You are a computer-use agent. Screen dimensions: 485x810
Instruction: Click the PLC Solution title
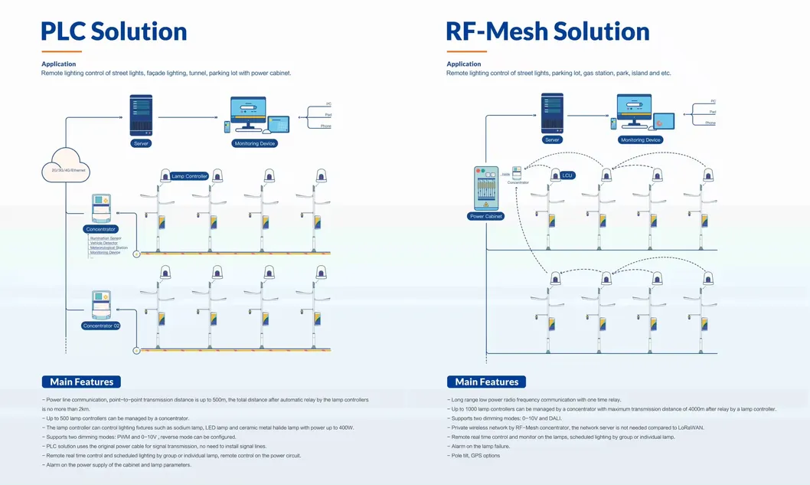click(114, 31)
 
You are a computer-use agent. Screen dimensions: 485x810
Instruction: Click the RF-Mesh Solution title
click(547, 31)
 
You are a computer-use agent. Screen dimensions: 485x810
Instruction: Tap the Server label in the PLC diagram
click(142, 143)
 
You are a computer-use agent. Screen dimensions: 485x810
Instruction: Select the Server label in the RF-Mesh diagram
click(552, 140)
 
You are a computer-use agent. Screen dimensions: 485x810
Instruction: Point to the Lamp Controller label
click(189, 176)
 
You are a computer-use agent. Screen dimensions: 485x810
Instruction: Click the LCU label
click(567, 175)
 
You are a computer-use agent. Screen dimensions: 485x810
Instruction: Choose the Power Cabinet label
click(485, 217)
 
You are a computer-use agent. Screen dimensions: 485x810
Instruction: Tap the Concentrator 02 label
click(101, 326)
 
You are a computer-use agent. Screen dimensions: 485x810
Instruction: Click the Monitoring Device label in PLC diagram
click(254, 143)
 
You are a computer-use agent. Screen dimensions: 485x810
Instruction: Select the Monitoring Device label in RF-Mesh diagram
click(641, 140)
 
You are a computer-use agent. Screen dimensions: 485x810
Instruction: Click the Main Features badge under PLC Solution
click(81, 382)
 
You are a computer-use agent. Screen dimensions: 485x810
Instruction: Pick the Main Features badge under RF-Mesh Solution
click(486, 382)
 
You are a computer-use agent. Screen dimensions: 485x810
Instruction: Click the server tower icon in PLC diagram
click(141, 115)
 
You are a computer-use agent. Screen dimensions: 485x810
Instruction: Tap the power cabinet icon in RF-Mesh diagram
click(485, 188)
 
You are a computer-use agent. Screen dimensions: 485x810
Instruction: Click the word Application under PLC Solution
click(58, 64)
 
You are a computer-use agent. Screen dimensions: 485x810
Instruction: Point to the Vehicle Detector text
click(104, 243)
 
